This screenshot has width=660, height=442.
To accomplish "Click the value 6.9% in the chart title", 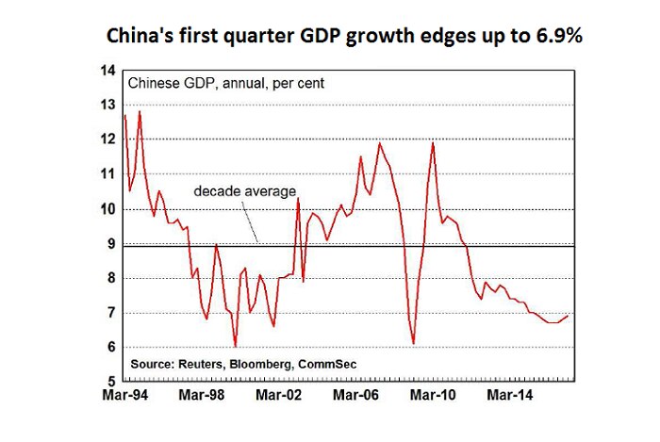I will coord(525,38).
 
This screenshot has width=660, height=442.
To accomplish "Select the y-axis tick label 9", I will coord(109,244).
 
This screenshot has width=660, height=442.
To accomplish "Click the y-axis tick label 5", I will coord(109,382).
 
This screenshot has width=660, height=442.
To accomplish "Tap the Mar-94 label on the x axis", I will coord(124,397).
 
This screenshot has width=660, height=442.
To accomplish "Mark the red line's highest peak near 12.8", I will coord(140,112).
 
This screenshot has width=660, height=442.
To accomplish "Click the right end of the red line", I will coord(568,316).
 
